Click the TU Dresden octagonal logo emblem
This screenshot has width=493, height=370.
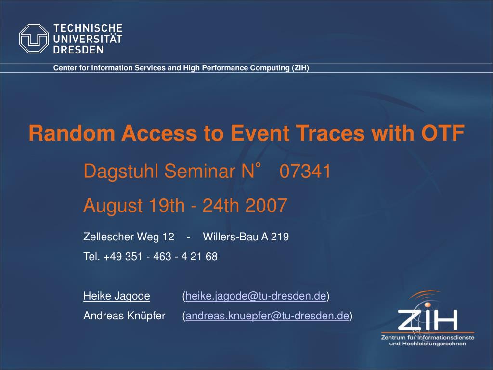point(34,39)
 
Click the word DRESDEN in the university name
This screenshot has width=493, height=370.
point(78,50)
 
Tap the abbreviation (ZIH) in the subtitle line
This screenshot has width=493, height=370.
point(300,68)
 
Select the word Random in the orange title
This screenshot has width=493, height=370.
point(72,133)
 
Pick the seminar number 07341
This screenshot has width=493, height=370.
point(305,171)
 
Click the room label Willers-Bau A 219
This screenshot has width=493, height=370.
point(246,237)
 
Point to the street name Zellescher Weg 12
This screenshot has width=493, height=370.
point(129,237)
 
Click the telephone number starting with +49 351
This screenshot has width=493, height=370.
point(160,256)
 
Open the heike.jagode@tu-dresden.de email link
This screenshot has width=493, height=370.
point(256,296)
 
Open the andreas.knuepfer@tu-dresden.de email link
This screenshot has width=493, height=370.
point(267,316)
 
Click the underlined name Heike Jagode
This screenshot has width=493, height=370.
point(117,296)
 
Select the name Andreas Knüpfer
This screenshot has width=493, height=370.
point(124,316)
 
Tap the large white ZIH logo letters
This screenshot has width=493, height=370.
point(428,320)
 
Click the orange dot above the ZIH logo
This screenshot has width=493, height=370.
point(428,304)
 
